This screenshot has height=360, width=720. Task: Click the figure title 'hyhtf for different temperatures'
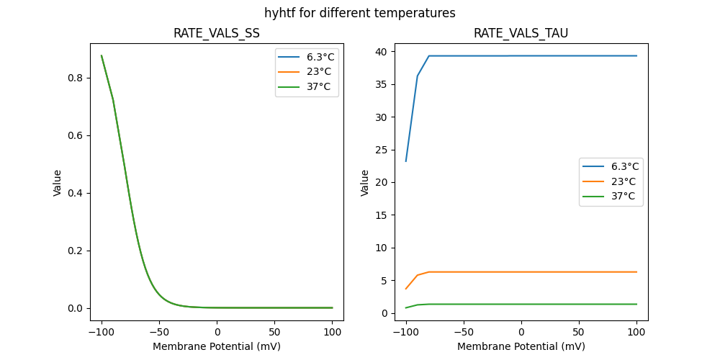[x=360, y=13]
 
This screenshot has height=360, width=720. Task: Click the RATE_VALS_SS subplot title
[x=217, y=33]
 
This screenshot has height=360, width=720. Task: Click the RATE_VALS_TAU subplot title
[x=521, y=33]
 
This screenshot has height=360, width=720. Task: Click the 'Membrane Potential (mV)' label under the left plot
[x=217, y=346]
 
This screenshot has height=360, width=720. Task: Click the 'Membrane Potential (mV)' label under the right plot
[x=521, y=346]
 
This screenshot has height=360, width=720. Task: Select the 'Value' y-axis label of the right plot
[x=365, y=183]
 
